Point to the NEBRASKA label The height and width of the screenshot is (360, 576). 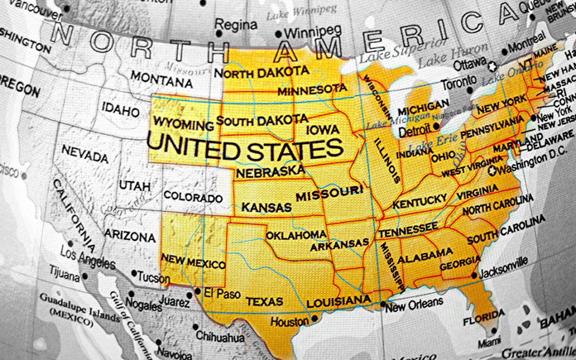(270, 172)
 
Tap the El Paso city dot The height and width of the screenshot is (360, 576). (198, 292)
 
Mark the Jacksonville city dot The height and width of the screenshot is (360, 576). (474, 275)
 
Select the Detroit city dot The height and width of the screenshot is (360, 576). (436, 126)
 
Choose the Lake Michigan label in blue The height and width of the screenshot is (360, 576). (397, 119)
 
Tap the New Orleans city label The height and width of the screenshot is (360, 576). (414, 305)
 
